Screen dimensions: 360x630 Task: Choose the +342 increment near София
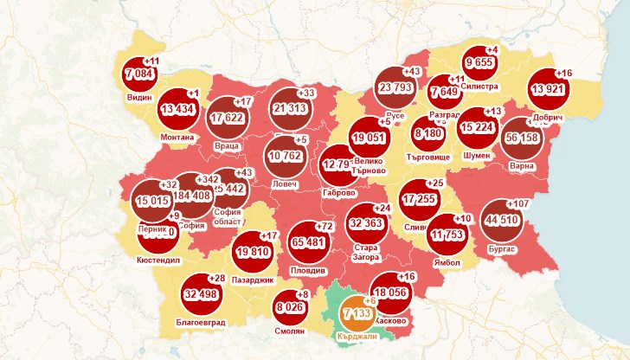[x=208, y=179]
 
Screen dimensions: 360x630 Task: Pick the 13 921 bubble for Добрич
[x=549, y=90]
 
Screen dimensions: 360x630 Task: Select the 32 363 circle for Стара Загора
[x=366, y=222]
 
